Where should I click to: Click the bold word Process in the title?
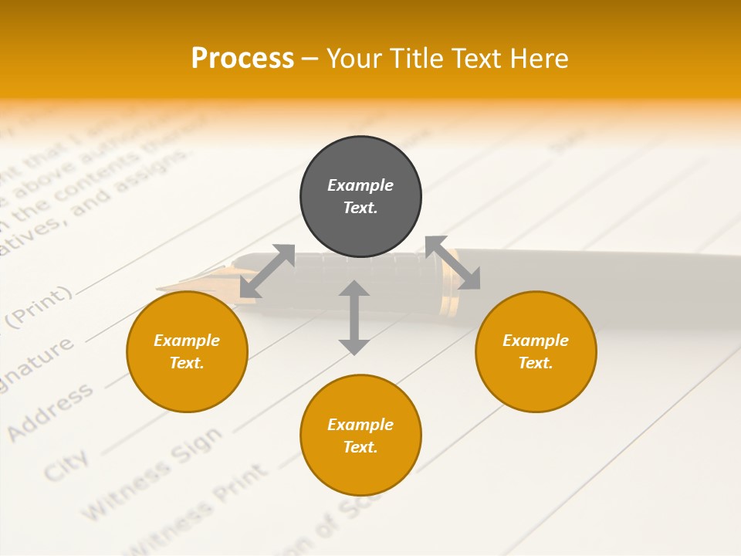242,58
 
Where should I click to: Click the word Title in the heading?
421,59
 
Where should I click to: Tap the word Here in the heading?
539,59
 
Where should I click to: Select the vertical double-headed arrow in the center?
354,317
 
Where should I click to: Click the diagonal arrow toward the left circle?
267,271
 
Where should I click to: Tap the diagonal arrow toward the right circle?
452,263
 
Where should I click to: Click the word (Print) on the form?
39,307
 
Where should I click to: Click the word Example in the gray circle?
360,185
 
